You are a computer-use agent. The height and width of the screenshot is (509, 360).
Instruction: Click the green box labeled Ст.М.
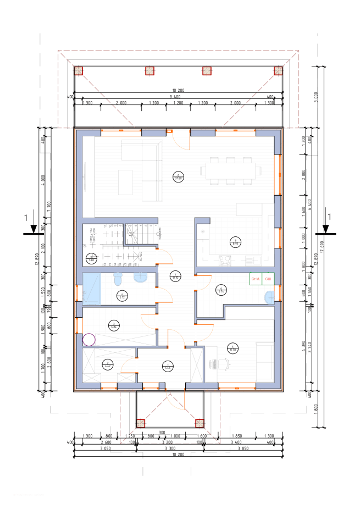[x=256, y=279]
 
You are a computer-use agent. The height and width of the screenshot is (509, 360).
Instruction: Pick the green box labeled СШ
[x=268, y=279]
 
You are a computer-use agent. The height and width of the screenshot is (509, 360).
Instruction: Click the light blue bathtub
[x=92, y=289]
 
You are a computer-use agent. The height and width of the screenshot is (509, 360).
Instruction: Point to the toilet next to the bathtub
[x=118, y=280]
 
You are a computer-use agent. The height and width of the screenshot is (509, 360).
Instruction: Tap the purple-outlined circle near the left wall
[x=89, y=340]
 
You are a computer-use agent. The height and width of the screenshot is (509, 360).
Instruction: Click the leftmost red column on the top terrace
[x=79, y=71]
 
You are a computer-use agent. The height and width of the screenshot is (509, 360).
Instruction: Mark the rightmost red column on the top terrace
[x=278, y=71]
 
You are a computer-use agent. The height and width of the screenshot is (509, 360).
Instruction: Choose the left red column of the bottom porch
[x=141, y=423]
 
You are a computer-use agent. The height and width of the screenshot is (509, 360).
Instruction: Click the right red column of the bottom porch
[x=200, y=423]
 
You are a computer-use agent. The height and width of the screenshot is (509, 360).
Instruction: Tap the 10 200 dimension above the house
[x=178, y=90]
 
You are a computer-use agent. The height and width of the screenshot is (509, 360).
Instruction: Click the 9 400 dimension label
[x=175, y=97]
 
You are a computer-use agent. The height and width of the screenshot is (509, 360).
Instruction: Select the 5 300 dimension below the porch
[x=170, y=448]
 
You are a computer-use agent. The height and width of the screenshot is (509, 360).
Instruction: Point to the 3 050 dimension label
[x=106, y=448]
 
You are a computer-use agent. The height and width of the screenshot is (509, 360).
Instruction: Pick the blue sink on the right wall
[x=270, y=297]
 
